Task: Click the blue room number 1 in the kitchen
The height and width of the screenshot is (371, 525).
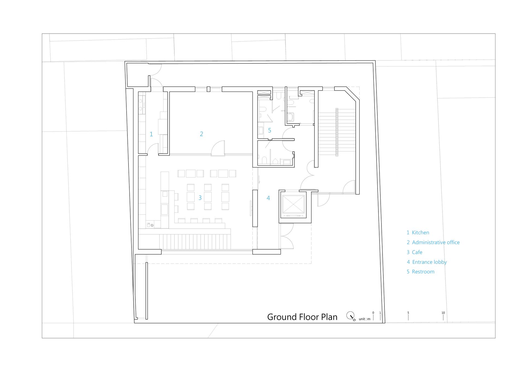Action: tap(151, 134)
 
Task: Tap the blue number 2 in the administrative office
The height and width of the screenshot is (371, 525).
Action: tap(202, 134)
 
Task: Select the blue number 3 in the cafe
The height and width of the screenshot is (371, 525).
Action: tap(200, 198)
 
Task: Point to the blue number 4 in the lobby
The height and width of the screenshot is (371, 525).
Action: tap(268, 198)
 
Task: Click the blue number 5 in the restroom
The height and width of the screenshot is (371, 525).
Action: tap(270, 130)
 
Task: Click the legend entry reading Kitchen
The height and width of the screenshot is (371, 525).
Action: tap(421, 233)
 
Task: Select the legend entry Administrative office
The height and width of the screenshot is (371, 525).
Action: tap(436, 243)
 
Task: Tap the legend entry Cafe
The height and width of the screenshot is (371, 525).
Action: tap(417, 252)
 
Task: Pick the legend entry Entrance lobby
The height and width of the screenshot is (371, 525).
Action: tap(430, 262)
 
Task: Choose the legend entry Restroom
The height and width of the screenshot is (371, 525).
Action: tap(423, 272)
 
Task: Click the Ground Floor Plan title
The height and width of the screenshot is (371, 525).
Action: tap(302, 317)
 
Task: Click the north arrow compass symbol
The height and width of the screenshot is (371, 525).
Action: tap(351, 316)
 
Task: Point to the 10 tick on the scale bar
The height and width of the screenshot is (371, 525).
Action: tap(443, 317)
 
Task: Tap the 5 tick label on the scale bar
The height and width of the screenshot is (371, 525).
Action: tap(408, 313)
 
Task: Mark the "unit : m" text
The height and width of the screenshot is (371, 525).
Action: tap(364, 319)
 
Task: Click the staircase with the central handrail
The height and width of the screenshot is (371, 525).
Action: tap(337, 132)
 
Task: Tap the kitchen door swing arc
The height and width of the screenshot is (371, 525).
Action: tap(153, 149)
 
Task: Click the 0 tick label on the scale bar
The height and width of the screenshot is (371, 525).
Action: tap(373, 313)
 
